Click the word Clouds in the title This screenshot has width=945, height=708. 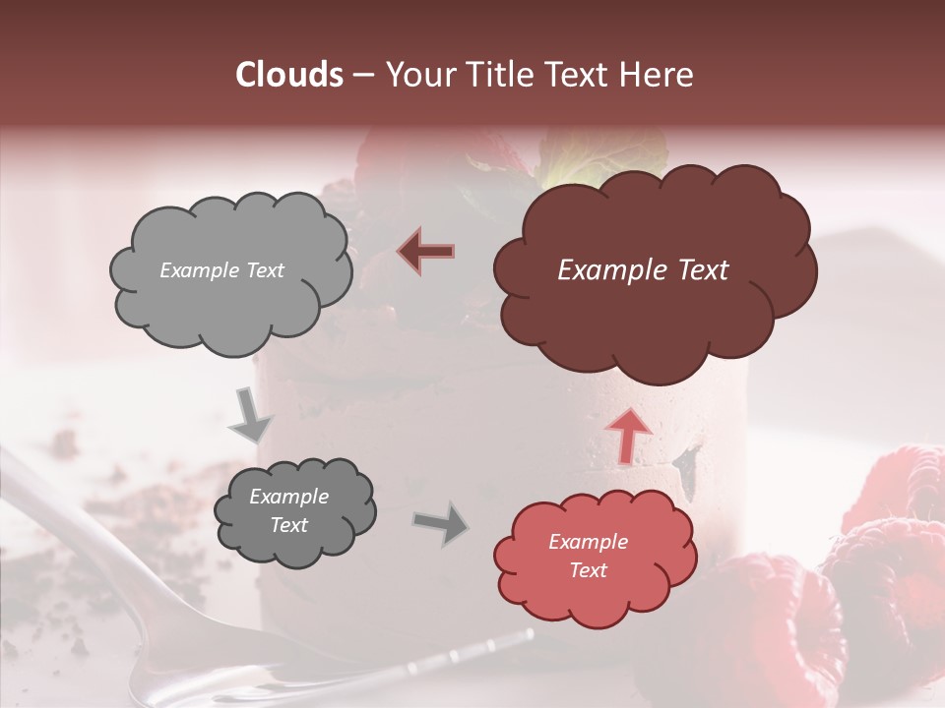pos(289,75)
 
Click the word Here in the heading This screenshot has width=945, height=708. pos(659,75)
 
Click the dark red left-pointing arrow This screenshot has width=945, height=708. pos(426,251)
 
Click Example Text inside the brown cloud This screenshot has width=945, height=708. pos(643,270)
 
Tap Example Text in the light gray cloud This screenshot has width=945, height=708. pos(221,270)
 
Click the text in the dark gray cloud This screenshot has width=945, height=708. pos(288,510)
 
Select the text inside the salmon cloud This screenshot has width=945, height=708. pos(588,556)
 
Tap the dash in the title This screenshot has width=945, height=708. pos(363,76)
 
